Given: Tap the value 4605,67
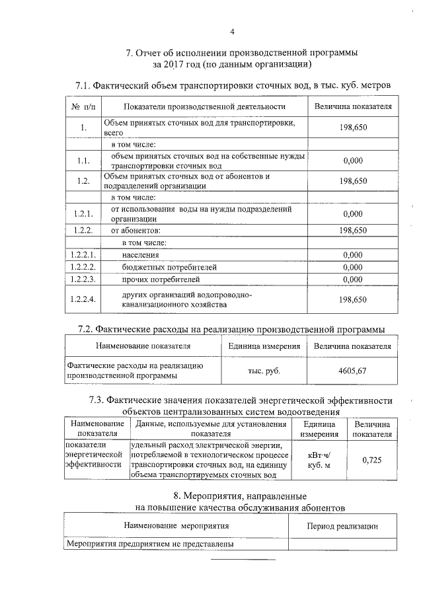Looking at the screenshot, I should (352, 371).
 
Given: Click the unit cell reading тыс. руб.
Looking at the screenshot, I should (264, 371).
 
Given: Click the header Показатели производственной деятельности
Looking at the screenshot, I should (204, 106).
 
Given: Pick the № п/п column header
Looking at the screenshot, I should (83, 106).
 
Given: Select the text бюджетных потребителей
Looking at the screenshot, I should (169, 267).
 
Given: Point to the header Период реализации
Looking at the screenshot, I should (343, 526).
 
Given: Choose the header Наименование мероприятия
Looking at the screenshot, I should (176, 526).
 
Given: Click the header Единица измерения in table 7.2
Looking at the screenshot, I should (264, 346).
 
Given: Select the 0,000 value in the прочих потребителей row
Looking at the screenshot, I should (352, 280).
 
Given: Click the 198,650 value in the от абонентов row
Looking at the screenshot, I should (352, 230).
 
